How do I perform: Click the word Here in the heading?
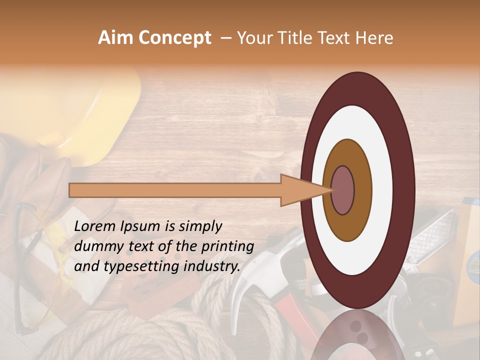[x=374, y=38]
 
